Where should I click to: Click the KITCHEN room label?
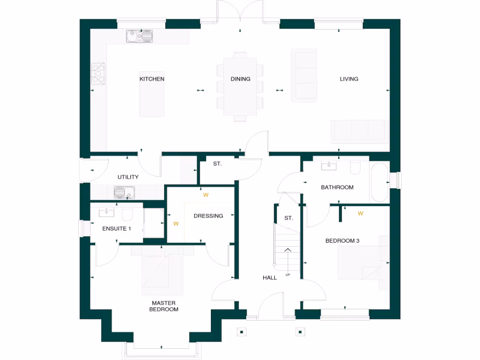point(152,79)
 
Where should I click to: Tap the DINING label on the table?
point(240,79)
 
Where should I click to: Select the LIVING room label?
point(349,79)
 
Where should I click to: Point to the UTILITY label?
point(128,177)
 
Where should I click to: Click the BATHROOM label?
point(337,187)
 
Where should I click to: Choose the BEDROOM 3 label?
point(342,241)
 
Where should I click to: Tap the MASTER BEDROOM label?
point(164,306)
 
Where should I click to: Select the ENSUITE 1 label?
point(117,229)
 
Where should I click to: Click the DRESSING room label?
point(208,216)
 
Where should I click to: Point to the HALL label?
point(270,278)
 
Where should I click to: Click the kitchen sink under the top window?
point(139,36)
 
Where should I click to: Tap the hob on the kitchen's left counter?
point(98,74)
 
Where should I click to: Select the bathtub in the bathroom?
point(379,182)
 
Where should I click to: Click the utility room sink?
point(124,192)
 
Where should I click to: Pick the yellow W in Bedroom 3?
point(360,214)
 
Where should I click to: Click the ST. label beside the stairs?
point(289,218)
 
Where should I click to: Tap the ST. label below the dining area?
point(217,164)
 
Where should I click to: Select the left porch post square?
point(241,332)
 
